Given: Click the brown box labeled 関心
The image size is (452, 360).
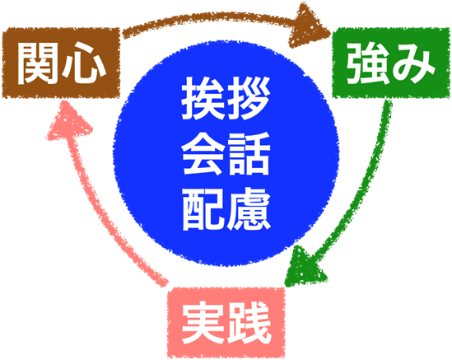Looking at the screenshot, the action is (x=61, y=63).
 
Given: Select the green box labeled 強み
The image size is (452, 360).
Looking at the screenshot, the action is (x=391, y=63).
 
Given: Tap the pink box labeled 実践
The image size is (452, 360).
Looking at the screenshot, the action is (x=226, y=322).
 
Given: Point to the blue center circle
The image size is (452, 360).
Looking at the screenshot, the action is (x=226, y=153).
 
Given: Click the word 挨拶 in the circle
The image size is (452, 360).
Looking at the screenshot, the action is (x=226, y=98).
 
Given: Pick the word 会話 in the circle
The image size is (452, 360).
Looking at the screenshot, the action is (x=226, y=153).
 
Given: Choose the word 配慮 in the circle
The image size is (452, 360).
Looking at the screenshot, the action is (x=226, y=209).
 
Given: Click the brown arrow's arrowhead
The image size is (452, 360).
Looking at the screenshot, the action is (x=309, y=26).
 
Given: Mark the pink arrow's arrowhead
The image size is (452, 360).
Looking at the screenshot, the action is (x=68, y=121).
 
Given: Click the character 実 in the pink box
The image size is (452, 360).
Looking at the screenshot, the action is (x=203, y=322).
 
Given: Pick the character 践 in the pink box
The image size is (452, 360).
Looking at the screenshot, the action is (x=249, y=322).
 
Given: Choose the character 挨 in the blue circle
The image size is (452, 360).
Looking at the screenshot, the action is (x=203, y=98).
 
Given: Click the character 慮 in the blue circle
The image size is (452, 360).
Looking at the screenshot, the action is (x=249, y=209).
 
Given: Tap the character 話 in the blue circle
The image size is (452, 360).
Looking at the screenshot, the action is (x=249, y=153).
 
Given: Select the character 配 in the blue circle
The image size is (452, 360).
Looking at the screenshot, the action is (x=203, y=209).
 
